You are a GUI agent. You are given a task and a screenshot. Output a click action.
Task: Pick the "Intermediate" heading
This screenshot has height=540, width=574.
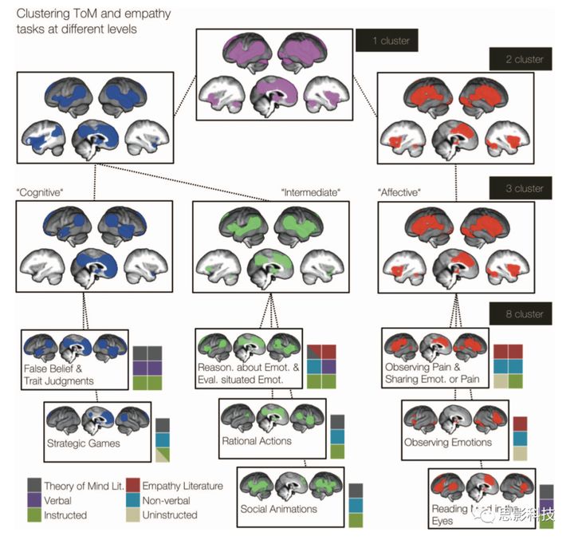pos(311,192)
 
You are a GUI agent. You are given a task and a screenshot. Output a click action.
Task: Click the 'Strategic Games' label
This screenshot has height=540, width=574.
pos(83,443)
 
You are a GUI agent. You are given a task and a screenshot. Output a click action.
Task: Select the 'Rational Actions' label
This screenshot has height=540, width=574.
pos(257,440)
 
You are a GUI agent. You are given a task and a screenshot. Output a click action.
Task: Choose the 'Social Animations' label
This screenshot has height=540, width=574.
pos(279,509)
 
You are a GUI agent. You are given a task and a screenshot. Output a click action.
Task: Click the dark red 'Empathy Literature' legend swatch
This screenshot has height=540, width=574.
pos(135,485)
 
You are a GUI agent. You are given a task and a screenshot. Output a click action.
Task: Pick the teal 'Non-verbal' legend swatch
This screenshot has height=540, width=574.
pos(135,500)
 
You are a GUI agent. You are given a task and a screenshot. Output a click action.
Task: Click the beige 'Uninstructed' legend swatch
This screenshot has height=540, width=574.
pos(135,515)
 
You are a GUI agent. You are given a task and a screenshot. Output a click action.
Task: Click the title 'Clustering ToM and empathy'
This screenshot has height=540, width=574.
pos(92,14)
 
